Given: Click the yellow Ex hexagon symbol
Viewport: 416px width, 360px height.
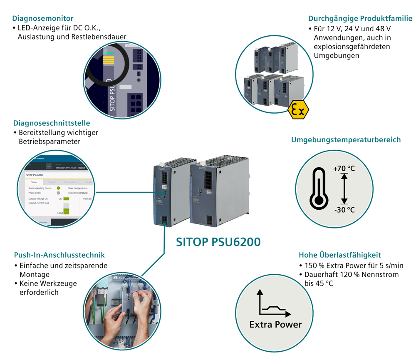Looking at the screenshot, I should pos(298,110).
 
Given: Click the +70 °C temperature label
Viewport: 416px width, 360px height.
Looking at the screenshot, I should pos(344,169).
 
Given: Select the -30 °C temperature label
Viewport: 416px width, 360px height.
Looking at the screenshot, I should pos(344,209).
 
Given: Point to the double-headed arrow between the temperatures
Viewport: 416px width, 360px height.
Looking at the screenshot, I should pos(344,189).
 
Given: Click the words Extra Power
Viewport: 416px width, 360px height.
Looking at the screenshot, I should pos(275,325).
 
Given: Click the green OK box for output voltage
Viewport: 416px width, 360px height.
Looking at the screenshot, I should pos(66,199).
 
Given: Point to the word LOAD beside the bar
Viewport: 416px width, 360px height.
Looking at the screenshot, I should pos(60,213).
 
